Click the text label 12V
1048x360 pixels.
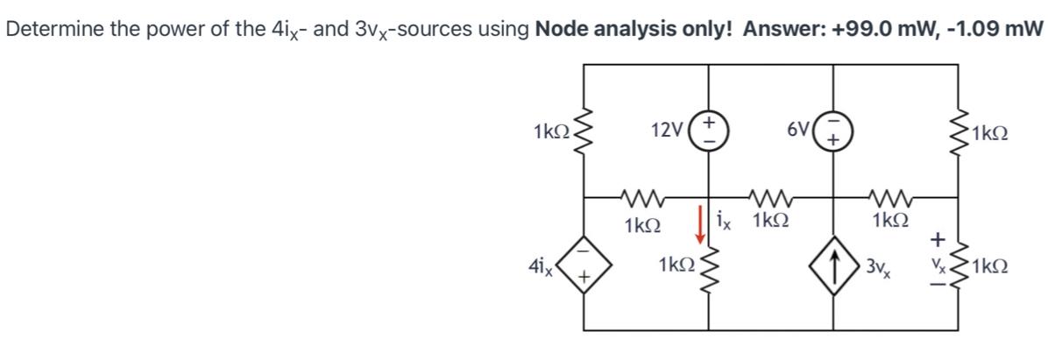(668, 132)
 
